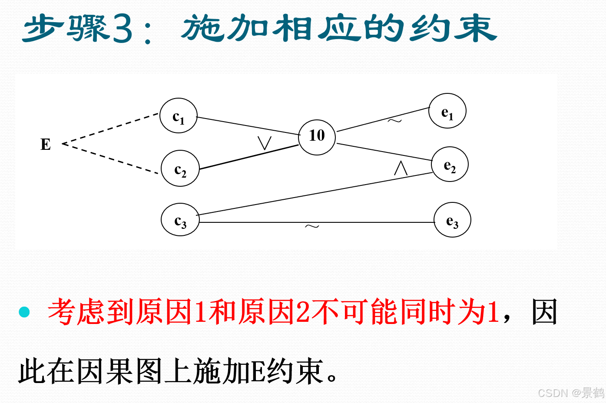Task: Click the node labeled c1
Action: (x=179, y=116)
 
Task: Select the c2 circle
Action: (x=180, y=168)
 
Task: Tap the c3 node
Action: (x=180, y=220)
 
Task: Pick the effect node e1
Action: (x=447, y=112)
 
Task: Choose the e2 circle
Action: (x=450, y=164)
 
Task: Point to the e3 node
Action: (x=452, y=220)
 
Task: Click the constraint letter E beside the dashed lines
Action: (x=46, y=144)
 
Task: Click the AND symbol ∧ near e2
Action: (x=401, y=168)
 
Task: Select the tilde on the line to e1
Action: (x=394, y=121)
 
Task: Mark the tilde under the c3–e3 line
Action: (x=312, y=226)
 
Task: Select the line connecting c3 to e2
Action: (x=313, y=194)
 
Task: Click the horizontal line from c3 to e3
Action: (x=261, y=222)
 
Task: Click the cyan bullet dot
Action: (x=24, y=312)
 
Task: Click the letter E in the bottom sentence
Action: (x=259, y=372)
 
